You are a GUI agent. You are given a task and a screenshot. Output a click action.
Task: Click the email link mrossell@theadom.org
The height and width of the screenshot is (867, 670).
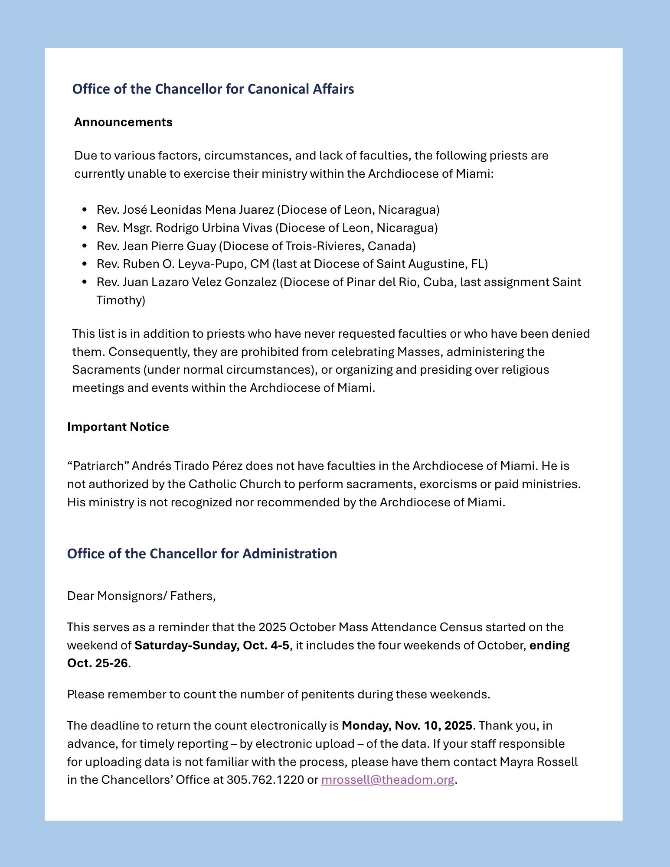(387, 780)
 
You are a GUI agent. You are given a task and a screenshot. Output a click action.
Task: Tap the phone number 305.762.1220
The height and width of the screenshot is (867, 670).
(265, 780)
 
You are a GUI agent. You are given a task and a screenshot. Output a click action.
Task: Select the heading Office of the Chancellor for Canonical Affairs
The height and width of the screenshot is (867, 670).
(213, 89)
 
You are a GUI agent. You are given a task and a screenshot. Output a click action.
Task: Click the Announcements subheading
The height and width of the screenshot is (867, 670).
(123, 122)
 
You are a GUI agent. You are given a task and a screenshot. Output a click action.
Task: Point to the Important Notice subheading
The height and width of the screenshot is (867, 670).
(118, 427)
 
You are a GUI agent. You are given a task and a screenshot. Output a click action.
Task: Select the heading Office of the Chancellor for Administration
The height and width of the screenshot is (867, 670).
(202, 554)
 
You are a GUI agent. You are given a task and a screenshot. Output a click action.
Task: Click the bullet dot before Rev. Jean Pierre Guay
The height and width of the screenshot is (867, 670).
(85, 246)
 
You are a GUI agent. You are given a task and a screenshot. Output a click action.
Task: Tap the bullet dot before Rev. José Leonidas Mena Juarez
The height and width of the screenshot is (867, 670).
(85, 210)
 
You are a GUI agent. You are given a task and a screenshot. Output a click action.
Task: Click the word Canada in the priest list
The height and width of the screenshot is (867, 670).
(389, 246)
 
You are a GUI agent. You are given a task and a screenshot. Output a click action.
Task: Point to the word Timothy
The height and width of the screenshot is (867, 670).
(121, 300)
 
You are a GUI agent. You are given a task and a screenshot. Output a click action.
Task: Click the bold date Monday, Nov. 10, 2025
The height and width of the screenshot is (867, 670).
(407, 726)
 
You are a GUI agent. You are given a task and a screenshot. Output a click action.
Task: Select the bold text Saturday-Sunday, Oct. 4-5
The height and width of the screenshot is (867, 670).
(212, 645)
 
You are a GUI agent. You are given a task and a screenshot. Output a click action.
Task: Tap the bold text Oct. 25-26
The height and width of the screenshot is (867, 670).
(98, 663)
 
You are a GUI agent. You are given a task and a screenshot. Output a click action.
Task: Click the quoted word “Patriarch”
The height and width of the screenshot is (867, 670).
(98, 466)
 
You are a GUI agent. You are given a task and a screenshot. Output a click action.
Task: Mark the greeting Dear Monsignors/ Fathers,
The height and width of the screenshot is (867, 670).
(141, 596)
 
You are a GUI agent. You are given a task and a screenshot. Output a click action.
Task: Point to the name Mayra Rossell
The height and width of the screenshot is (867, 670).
(539, 762)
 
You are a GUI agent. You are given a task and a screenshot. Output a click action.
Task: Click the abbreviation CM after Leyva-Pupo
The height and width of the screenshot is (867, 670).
(261, 264)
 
